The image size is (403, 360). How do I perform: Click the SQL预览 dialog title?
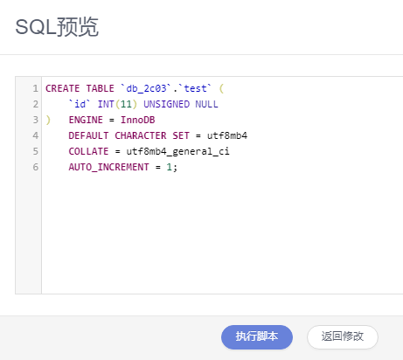pyautogui.click(x=57, y=27)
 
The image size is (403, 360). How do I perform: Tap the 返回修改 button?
pyautogui.click(x=343, y=336)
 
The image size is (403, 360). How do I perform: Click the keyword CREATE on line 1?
pyautogui.click(x=62, y=88)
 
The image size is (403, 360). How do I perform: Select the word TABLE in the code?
pyautogui.click(x=100, y=88)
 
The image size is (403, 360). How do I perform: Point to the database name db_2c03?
pyautogui.click(x=146, y=88)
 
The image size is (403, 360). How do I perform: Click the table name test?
pyautogui.click(x=195, y=88)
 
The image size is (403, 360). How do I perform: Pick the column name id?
pyautogui.click(x=80, y=104)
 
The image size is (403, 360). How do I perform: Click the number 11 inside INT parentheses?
pyautogui.click(x=126, y=104)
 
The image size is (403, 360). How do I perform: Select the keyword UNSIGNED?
pyautogui.click(x=166, y=104)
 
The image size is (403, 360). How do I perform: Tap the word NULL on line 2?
pyautogui.click(x=206, y=104)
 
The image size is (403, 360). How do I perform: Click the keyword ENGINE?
pyautogui.click(x=86, y=120)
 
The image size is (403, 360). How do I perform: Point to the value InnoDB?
pyautogui.click(x=138, y=120)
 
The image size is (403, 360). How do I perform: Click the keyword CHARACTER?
pyautogui.click(x=141, y=135)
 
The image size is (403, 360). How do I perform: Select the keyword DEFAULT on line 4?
pyautogui.click(x=88, y=135)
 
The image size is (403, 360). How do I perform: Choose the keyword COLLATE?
pyautogui.click(x=88, y=151)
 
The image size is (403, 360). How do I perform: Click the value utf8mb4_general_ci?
pyautogui.click(x=177, y=151)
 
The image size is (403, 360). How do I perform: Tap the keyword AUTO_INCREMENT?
pyautogui.click(x=108, y=167)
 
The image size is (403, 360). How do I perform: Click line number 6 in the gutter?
pyautogui.click(x=35, y=167)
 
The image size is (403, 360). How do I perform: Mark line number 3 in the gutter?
pyautogui.click(x=35, y=120)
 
